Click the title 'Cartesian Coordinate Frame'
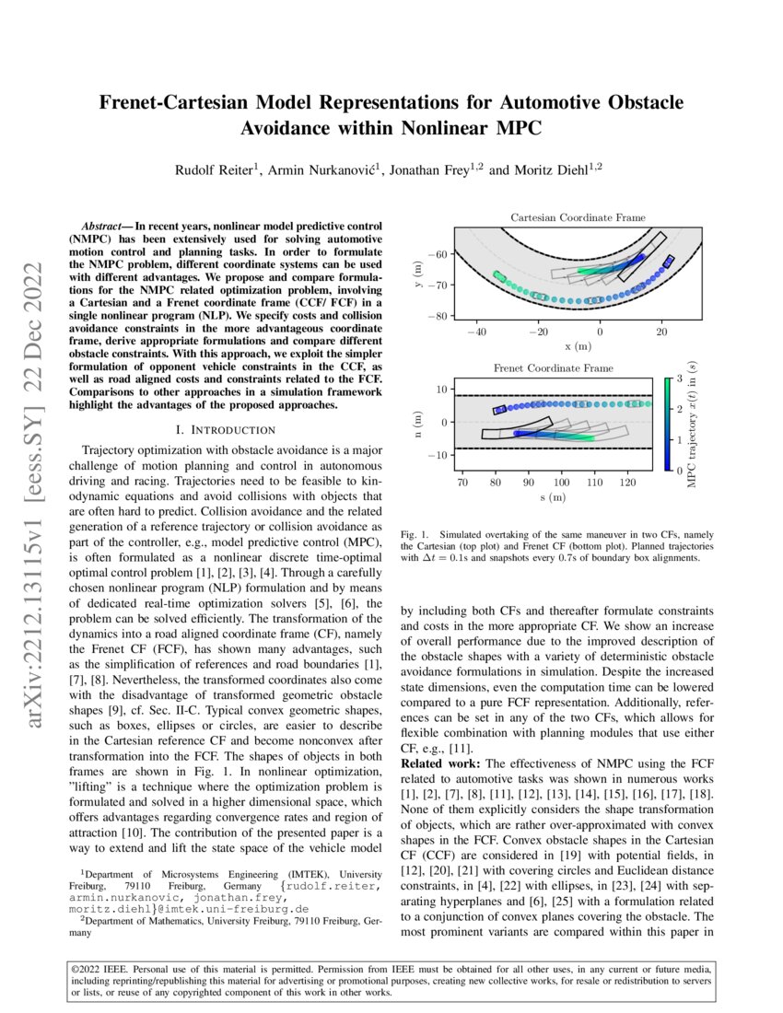coord(578,217)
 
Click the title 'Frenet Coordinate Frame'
coord(553,367)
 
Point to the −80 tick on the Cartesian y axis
coord(441,316)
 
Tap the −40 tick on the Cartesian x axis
coord(476,332)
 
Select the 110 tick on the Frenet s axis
coord(594,482)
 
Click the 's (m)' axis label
coord(552,498)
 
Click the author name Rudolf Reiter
coord(217,169)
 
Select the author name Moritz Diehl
coord(543,169)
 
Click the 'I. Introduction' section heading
coord(225,429)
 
